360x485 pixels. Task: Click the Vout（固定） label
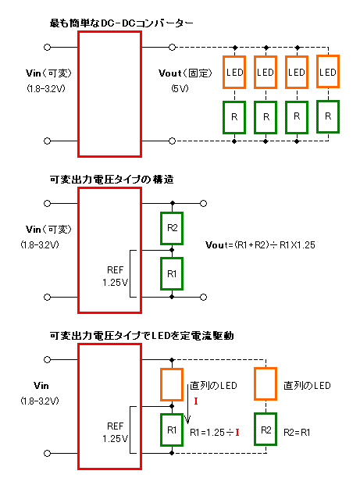pyautogui.click(x=185, y=73)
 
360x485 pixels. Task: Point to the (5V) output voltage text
pyautogui.click(x=180, y=89)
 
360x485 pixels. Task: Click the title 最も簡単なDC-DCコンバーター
pyautogui.click(x=121, y=23)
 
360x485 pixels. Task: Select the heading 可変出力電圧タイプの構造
pyautogui.click(x=112, y=180)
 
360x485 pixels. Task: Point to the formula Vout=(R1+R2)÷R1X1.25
pyautogui.click(x=260, y=245)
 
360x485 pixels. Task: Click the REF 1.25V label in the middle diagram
pyautogui.click(x=115, y=276)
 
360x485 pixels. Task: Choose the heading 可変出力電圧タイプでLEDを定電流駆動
pyautogui.click(x=141, y=336)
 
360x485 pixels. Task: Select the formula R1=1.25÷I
pyautogui.click(x=215, y=432)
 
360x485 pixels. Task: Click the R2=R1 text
pyautogui.click(x=297, y=432)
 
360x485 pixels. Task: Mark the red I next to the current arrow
pyautogui.click(x=196, y=401)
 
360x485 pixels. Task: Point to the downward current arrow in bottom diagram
pyautogui.click(x=187, y=404)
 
